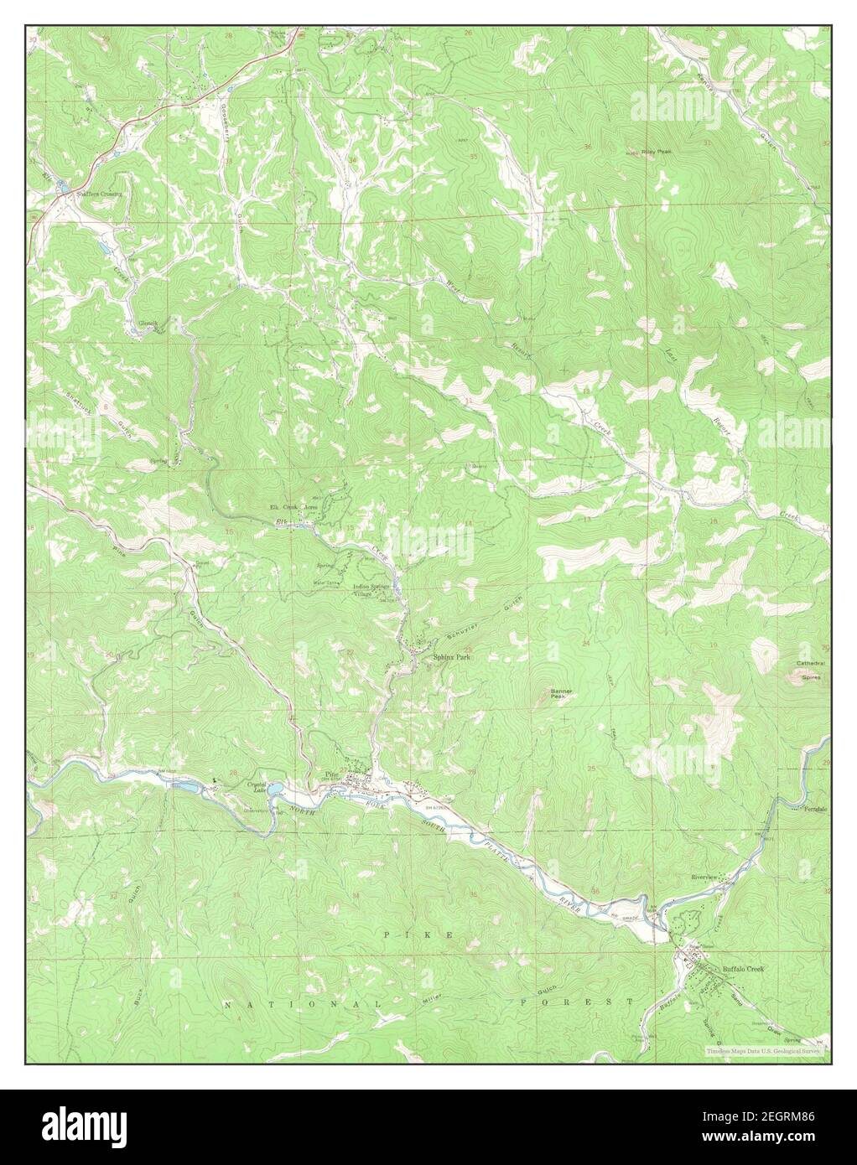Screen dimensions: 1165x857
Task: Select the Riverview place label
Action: [x=704, y=877]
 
